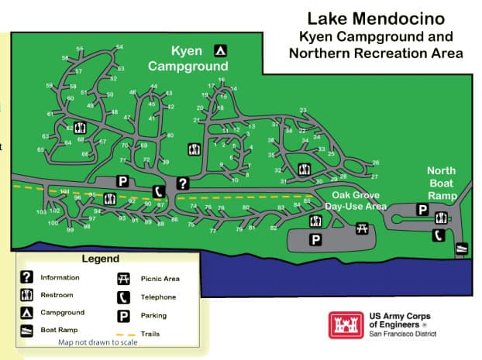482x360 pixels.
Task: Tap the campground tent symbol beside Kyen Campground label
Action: pos(221,51)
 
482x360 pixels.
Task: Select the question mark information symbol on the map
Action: pos(183,183)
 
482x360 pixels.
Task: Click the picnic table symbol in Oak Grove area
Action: pos(361,228)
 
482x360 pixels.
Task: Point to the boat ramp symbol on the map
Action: pos(461,249)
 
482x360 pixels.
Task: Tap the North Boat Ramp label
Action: pos(442,183)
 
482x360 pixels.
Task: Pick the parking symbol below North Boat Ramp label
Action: pos(422,209)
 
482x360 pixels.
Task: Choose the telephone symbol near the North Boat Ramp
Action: pos(438,235)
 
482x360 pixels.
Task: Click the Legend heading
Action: pos(101,259)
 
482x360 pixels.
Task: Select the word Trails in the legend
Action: pos(151,334)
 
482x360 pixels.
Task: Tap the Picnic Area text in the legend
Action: pos(160,278)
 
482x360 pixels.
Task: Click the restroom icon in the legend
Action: pos(26,295)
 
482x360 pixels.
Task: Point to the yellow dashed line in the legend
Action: pos(122,334)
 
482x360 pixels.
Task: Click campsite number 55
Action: pos(79,49)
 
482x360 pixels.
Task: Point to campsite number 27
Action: pos(374,176)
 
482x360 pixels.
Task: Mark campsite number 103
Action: pos(41,211)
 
